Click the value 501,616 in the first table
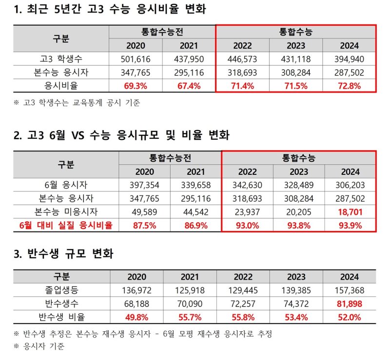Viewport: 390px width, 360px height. click(x=135, y=59)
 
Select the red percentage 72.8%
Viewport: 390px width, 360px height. click(x=351, y=86)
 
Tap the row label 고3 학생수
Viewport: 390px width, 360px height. click(x=61, y=59)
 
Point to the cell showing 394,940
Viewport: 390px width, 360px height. click(x=351, y=59)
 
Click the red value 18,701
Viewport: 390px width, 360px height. click(x=351, y=212)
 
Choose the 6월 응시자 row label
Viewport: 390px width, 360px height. click(x=66, y=186)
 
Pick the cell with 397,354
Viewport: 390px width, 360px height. click(x=144, y=186)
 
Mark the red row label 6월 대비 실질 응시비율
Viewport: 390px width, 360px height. click(x=66, y=225)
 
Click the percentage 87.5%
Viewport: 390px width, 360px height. click(x=144, y=225)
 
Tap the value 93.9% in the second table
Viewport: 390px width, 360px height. click(x=351, y=225)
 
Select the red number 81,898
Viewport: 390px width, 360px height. click(x=351, y=304)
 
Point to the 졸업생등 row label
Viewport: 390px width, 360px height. click(x=61, y=291)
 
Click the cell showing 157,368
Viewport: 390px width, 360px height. click(x=351, y=291)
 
